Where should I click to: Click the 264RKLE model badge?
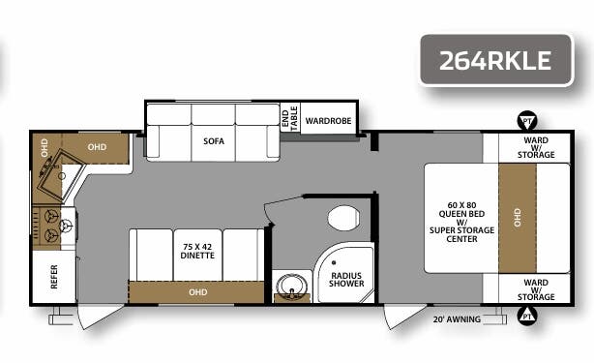pos(494,60)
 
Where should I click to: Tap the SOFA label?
pos(213,141)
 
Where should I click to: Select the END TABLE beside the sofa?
pos(285,115)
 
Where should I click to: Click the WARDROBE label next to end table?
pos(328,121)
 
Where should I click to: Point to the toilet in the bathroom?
pos(342,219)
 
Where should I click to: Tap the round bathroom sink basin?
pos(289,287)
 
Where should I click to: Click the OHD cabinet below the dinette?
pos(197,291)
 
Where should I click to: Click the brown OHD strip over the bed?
pos(518,218)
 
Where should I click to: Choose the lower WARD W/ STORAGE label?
pos(535,287)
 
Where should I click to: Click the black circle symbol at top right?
pos(527,120)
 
